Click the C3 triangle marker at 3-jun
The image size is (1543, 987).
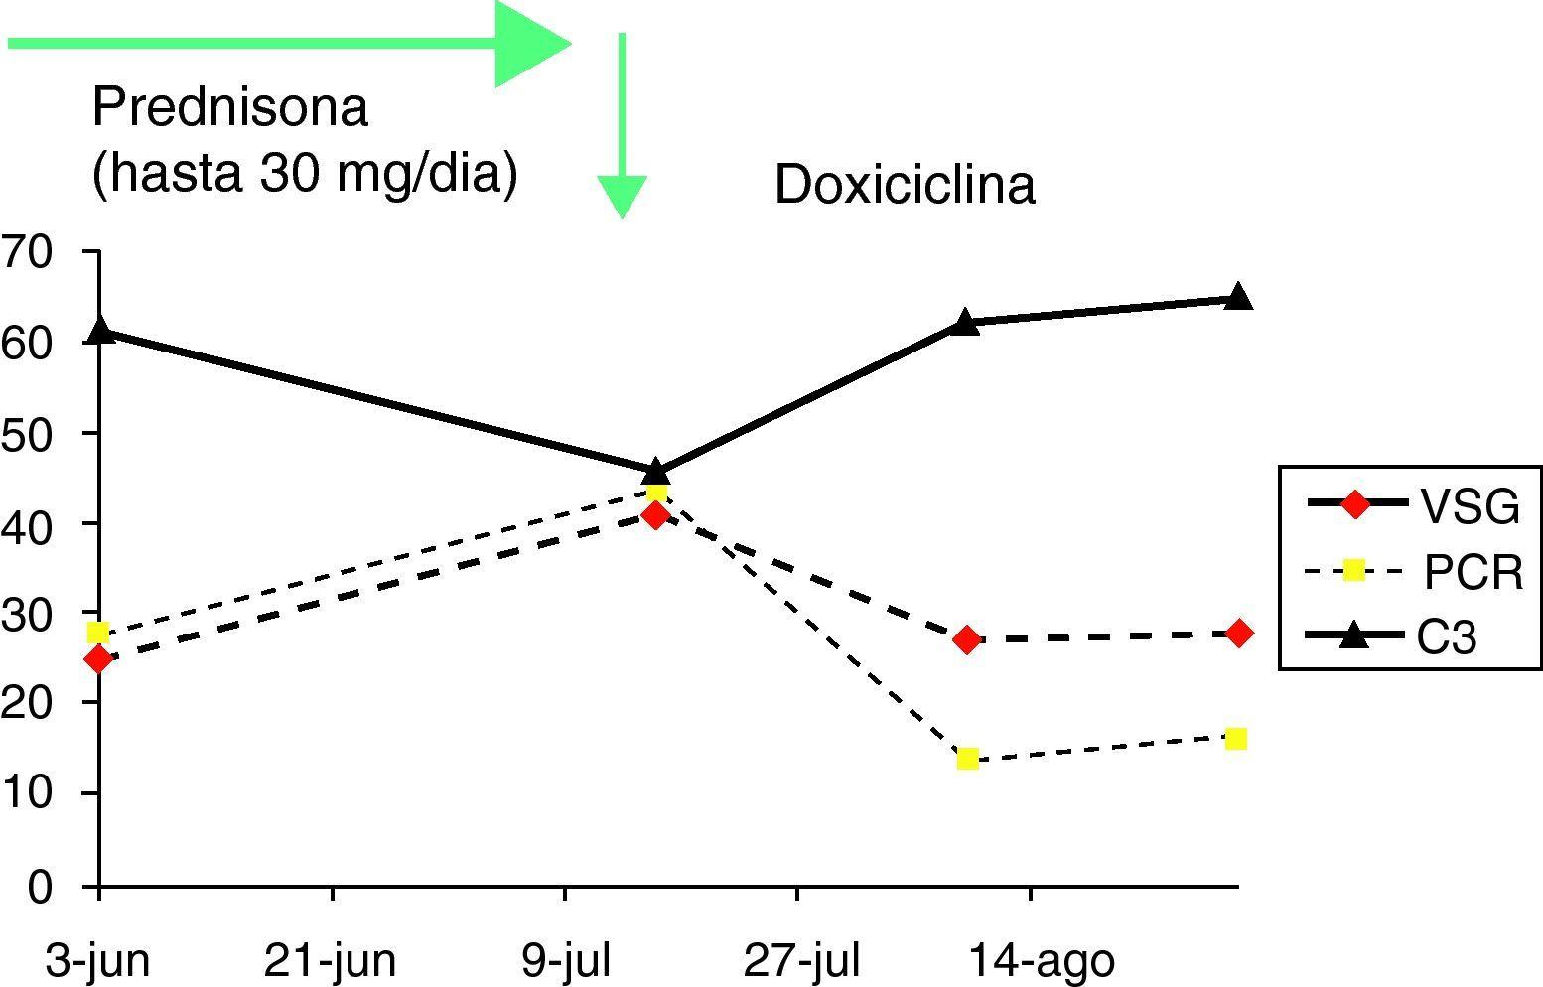coord(100,330)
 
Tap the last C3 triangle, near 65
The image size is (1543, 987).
coord(1237,297)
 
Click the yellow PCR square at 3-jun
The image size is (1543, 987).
coord(97,633)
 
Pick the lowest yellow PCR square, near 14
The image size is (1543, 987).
coord(967,760)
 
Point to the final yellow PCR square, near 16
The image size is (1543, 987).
coord(1236,739)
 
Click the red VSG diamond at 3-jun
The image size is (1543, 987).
coord(97,658)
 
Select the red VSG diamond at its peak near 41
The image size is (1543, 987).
coord(654,514)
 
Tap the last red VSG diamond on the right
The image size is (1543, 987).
coord(1238,634)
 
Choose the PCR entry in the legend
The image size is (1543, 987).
coord(1473,573)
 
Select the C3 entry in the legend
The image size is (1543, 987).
coord(1446,638)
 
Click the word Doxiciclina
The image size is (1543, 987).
coord(905,185)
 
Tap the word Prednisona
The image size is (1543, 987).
coord(229,107)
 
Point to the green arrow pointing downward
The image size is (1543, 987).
coord(622,149)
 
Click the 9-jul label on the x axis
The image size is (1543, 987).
coord(566,961)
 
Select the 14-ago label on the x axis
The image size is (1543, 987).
coord(1042,961)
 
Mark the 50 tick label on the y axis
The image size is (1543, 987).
coord(28,433)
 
